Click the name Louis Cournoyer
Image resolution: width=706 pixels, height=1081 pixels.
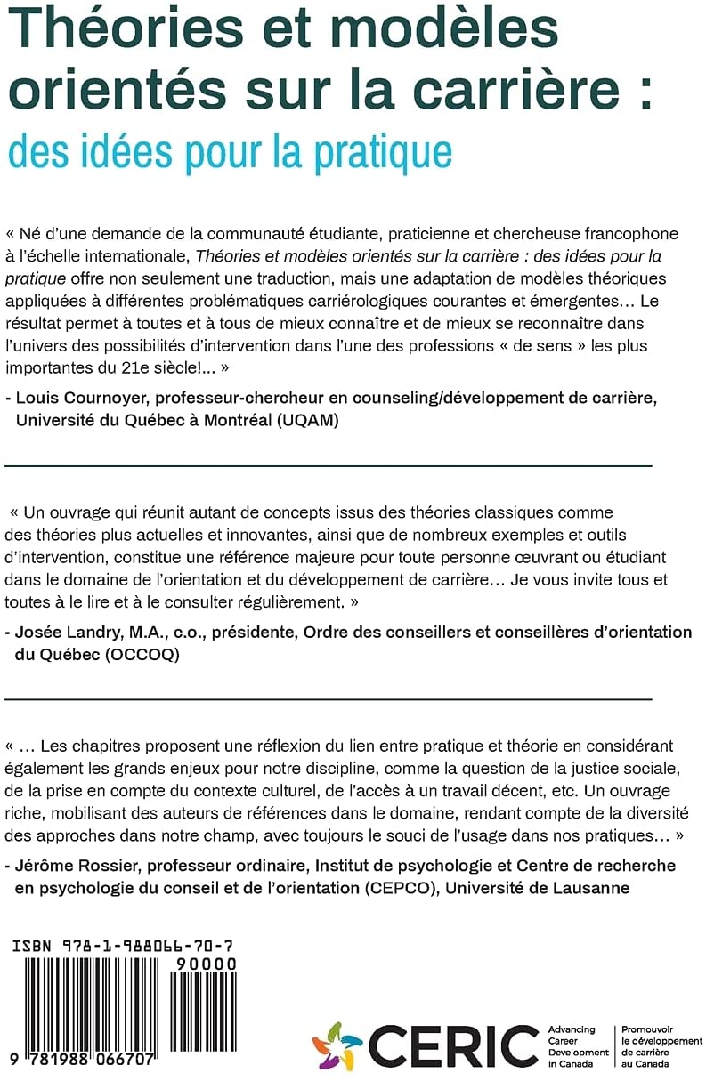pos(81,399)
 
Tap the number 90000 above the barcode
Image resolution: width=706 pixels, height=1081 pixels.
pos(207,964)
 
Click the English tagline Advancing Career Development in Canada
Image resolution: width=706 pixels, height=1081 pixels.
pos(578,1046)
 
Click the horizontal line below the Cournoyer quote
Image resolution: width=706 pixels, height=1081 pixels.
pos(329,464)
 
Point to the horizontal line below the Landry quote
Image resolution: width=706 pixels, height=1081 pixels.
pos(329,698)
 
